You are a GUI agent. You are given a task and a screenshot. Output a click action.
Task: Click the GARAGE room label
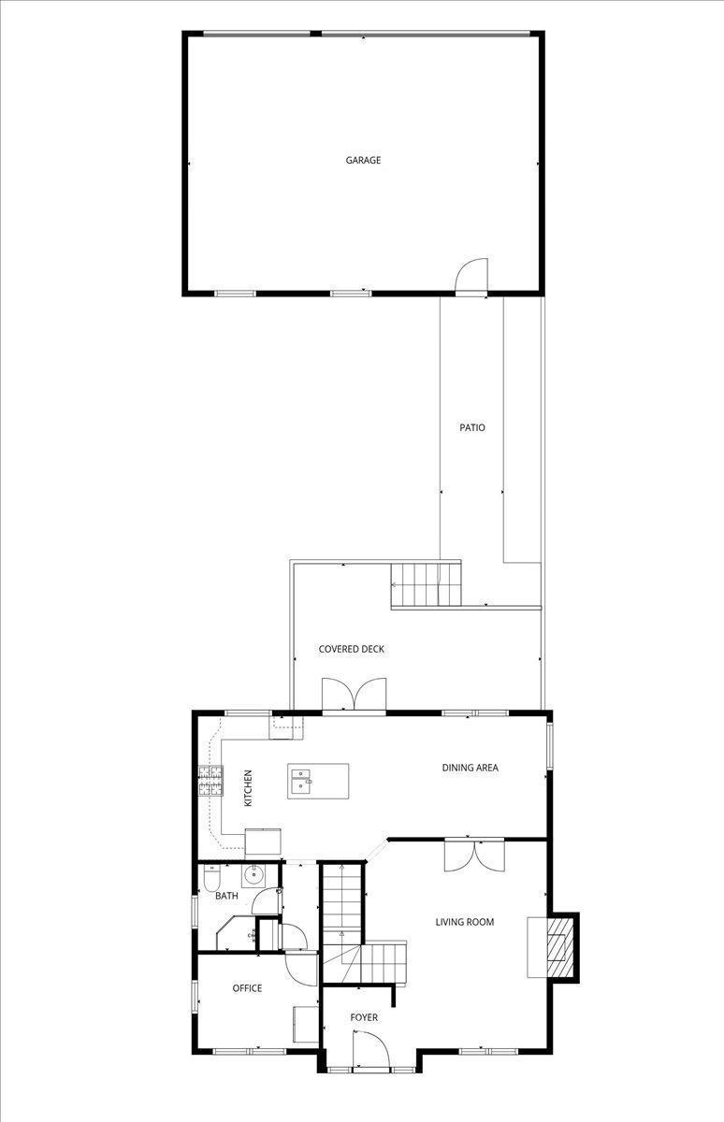click(x=363, y=160)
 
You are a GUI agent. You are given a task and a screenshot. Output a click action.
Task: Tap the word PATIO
click(x=471, y=427)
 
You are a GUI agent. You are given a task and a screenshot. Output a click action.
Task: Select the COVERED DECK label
click(x=351, y=649)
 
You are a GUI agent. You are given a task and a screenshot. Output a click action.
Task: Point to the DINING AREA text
click(x=470, y=768)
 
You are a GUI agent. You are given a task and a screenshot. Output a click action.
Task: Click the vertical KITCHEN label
click(x=248, y=787)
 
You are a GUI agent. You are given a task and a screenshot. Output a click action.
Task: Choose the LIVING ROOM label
click(x=464, y=922)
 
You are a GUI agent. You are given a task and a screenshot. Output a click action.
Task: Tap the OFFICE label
click(x=247, y=987)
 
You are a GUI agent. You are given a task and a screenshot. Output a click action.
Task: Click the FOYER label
click(x=364, y=1017)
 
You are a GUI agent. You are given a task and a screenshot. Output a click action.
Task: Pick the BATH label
click(x=226, y=896)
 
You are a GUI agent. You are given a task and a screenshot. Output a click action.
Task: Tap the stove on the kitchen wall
click(x=210, y=780)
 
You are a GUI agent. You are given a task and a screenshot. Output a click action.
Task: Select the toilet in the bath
click(x=211, y=880)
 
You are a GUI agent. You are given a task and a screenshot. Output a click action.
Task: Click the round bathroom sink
click(x=253, y=876)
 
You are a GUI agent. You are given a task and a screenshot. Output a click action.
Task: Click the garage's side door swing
click(x=471, y=276)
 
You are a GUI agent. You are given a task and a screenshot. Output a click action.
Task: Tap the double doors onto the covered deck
click(x=354, y=696)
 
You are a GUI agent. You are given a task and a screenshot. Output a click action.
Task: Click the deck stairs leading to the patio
click(x=427, y=584)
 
